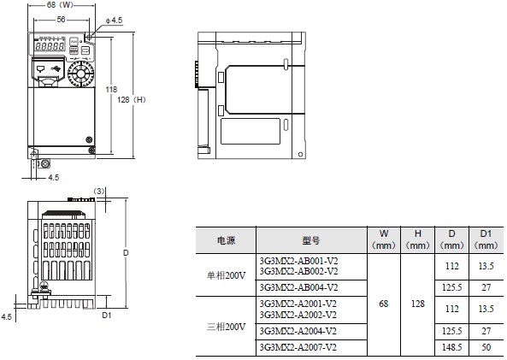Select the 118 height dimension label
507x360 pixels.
click(110, 88)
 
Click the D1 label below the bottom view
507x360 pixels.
click(107, 315)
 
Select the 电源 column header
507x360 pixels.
click(227, 240)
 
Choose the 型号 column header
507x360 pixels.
click(311, 240)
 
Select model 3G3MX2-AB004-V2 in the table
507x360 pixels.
click(298, 287)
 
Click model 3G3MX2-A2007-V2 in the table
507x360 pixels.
click(299, 347)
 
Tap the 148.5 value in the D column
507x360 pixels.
click(452, 347)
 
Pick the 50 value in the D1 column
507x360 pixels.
click(486, 347)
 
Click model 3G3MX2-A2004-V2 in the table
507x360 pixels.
click(299, 331)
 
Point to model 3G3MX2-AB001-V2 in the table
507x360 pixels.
click(298, 260)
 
